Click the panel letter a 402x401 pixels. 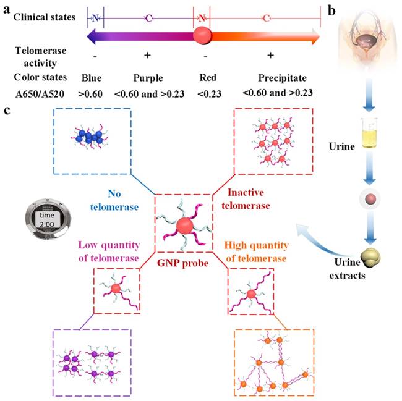(7, 9)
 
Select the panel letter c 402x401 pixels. (7, 111)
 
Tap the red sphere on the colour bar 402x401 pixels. (202, 36)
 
